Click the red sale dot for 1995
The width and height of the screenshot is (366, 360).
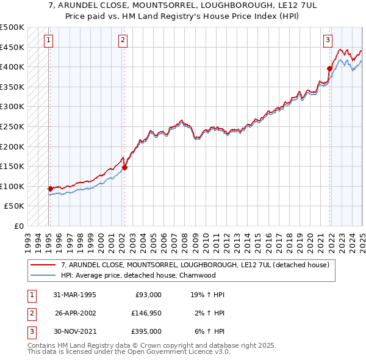pos(50,189)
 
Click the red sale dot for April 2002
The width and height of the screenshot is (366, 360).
pos(124,167)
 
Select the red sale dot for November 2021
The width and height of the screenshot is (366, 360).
pos(329,69)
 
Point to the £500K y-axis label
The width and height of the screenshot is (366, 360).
pos(12,27)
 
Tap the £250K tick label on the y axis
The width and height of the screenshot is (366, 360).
pos(12,126)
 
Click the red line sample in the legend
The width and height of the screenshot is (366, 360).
pos(43,265)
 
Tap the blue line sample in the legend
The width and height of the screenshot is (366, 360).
pos(43,275)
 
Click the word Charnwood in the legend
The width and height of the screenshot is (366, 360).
pos(199,275)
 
